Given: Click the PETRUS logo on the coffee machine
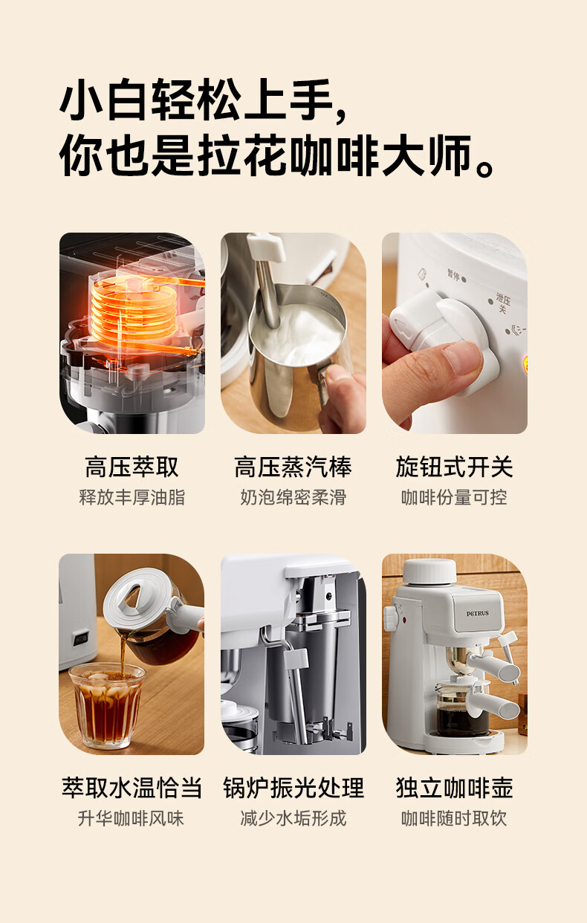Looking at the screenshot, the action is point(478,613).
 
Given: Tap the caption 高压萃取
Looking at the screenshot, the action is point(132,467).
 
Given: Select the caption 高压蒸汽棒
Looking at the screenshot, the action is point(293,467).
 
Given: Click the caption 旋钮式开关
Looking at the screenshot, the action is point(454,467).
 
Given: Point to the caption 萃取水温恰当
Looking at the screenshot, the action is point(132,788).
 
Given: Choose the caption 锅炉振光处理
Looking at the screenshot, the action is point(293,788).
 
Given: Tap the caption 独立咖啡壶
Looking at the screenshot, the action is point(454,788).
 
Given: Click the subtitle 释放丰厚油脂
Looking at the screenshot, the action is point(132,497).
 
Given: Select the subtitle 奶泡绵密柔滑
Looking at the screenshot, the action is point(293,497).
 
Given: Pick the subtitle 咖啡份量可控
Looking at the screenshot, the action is point(454,497).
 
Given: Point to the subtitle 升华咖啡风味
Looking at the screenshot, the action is point(131,818).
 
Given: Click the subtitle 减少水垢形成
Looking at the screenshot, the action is point(293,818).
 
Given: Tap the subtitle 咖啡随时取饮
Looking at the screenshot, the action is point(454,818).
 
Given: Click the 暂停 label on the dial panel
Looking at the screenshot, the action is point(453,275).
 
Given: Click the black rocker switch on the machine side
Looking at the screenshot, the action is point(80,638).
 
